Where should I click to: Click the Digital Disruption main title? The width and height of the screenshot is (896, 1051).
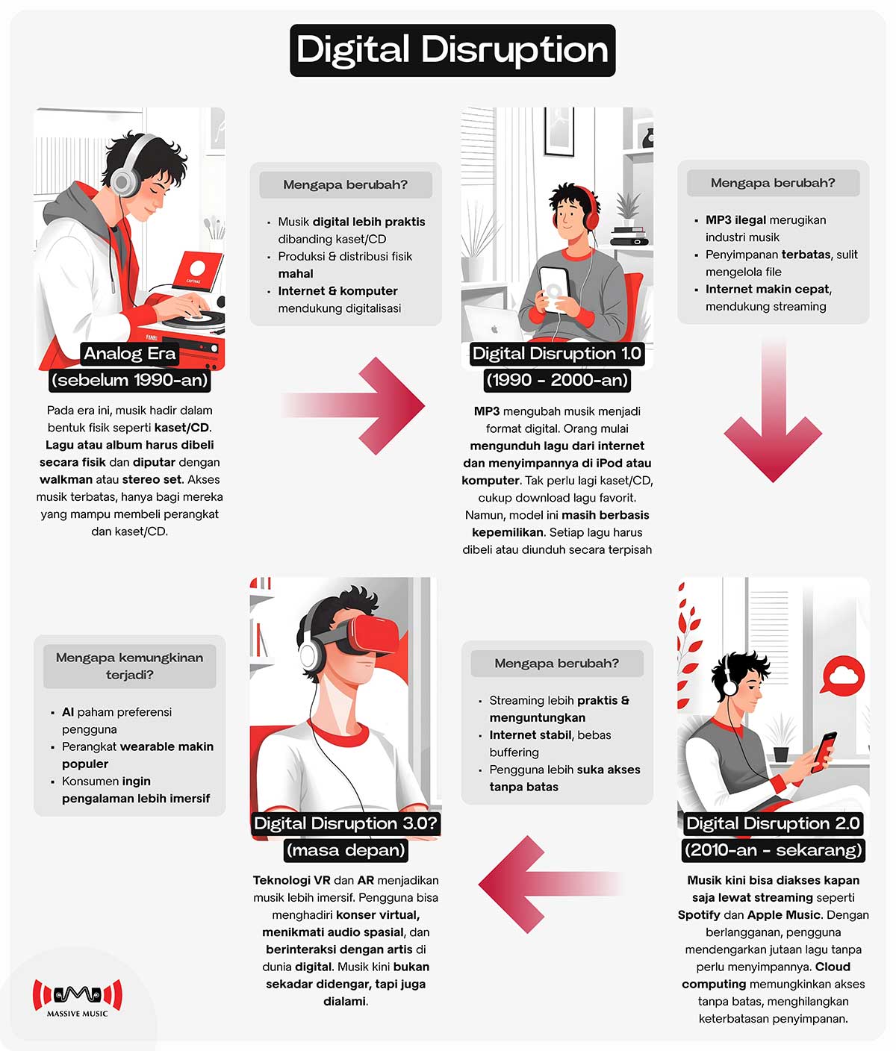pyautogui.click(x=452, y=50)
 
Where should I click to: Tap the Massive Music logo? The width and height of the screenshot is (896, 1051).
pyautogui.click(x=78, y=997)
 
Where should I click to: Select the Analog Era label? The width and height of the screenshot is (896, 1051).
pyautogui.click(x=130, y=353)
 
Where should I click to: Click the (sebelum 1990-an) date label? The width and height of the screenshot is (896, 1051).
pyautogui.click(x=130, y=380)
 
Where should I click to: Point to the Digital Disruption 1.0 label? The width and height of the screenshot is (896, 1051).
pyautogui.click(x=557, y=353)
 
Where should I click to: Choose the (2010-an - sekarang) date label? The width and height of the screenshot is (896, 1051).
pyautogui.click(x=773, y=849)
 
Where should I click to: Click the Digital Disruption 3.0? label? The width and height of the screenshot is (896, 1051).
pyautogui.click(x=346, y=823)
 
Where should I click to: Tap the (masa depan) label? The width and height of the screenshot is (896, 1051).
pyautogui.click(x=346, y=849)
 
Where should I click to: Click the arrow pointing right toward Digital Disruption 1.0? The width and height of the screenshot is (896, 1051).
pyautogui.click(x=353, y=406)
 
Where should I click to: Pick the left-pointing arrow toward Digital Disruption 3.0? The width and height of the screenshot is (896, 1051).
pyautogui.click(x=550, y=885)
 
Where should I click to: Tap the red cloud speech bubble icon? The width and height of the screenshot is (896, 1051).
pyautogui.click(x=842, y=676)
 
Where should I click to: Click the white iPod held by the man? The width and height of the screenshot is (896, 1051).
pyautogui.click(x=554, y=288)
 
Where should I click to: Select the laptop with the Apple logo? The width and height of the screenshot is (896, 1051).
pyautogui.click(x=494, y=325)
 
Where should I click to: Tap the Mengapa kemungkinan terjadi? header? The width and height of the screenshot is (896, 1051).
pyautogui.click(x=130, y=666)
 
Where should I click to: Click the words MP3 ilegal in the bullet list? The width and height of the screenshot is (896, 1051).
pyautogui.click(x=735, y=219)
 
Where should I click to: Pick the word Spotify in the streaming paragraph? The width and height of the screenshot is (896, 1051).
pyautogui.click(x=699, y=914)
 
